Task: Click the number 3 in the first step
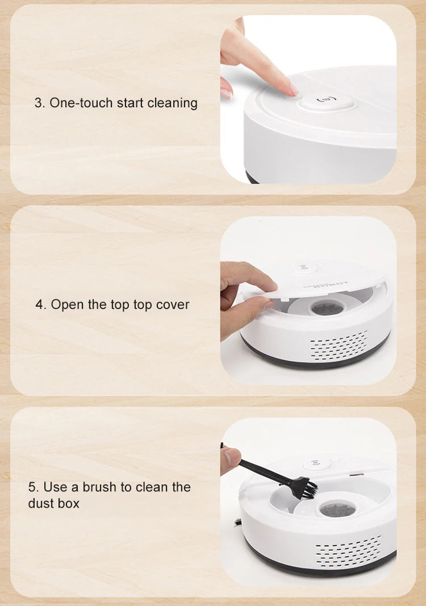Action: coord(38,103)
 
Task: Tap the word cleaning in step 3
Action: coord(172,103)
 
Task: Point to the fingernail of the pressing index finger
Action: coord(293,90)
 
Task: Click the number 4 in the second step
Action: coord(40,304)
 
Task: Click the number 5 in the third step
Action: coord(32,487)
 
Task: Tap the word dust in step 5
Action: coord(39,503)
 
